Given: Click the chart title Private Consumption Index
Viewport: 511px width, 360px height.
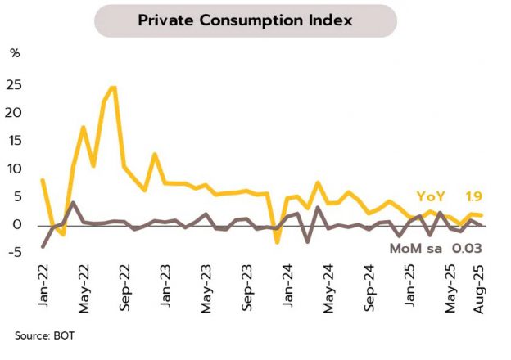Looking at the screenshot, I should pos(245,20).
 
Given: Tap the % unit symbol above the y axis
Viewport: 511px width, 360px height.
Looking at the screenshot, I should pos(15,53).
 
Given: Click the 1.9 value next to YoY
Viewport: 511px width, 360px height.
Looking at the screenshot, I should pos(473,197).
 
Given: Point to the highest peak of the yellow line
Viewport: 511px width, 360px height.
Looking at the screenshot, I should pos(113,88).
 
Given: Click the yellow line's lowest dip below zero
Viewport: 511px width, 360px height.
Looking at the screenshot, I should pos(277,242).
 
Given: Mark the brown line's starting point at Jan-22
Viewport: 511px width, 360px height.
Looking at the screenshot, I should pos(42,246).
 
